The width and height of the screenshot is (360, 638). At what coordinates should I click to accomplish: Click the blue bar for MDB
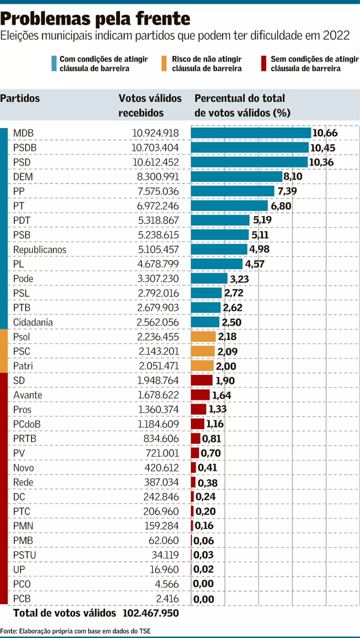251,133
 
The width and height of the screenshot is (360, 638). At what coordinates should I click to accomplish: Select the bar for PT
229,206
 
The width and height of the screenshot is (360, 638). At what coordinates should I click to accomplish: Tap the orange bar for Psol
203,337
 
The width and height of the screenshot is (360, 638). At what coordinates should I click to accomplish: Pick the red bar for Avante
200,395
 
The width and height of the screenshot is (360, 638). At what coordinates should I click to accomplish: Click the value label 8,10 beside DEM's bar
293,177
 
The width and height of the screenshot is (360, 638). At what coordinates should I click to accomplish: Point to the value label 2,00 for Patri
226,366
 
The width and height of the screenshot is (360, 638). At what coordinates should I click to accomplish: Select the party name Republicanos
40,249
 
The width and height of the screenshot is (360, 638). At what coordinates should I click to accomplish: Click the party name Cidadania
33,322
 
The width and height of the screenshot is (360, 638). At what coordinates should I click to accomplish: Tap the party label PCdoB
27,424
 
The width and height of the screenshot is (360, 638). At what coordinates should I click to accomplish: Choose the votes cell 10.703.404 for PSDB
155,148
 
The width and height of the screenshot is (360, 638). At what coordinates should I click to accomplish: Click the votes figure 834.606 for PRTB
161,439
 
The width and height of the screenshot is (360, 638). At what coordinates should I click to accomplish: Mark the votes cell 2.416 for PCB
167,599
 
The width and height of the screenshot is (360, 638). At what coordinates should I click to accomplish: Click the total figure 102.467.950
151,613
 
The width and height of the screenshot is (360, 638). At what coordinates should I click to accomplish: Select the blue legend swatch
54,63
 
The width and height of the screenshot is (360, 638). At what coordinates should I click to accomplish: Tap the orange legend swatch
164,63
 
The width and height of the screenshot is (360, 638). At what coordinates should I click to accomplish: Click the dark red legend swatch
263,63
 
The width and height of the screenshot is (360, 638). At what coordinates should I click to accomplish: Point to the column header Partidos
20,98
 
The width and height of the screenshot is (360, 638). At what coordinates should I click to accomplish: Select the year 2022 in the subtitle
336,35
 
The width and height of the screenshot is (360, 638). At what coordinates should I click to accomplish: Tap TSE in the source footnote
145,631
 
